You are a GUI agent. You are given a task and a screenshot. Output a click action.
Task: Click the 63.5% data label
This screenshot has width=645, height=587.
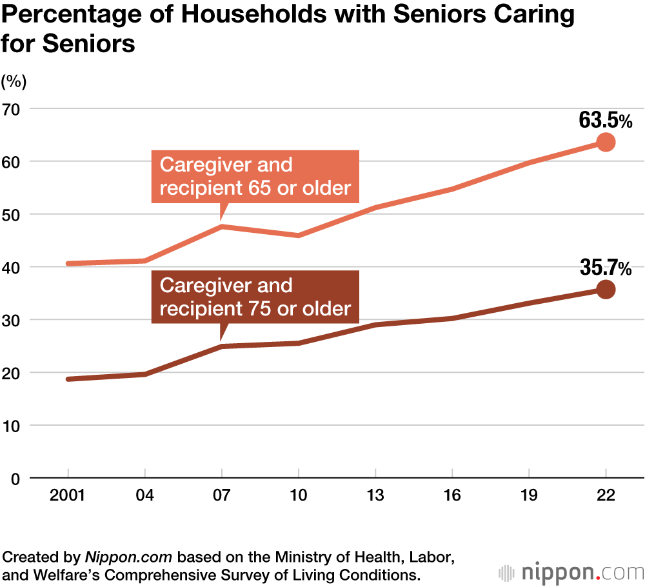606,120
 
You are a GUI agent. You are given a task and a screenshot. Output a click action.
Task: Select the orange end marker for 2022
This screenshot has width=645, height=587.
606,143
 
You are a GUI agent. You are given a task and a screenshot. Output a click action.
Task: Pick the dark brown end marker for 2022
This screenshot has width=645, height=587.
606,290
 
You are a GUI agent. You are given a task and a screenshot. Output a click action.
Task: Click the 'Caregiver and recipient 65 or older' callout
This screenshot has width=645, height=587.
255,177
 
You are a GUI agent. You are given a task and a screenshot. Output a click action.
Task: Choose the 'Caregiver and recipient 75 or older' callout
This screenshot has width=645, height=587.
255,297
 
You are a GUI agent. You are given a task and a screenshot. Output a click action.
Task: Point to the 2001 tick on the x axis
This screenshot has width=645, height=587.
68,496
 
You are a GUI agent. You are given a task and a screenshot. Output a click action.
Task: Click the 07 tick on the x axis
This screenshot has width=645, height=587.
221,496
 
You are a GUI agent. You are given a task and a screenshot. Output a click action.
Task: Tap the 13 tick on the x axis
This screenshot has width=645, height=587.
375,496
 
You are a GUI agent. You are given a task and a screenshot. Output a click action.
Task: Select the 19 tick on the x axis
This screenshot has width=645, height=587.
529,496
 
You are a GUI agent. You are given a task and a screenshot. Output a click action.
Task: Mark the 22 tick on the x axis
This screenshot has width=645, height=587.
606,496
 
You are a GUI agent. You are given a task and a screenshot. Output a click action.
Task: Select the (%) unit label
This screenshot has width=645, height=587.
14,81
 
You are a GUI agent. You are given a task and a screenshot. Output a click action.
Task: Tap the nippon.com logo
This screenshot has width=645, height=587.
571,572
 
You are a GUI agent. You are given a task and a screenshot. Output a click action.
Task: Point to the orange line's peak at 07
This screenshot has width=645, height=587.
221,226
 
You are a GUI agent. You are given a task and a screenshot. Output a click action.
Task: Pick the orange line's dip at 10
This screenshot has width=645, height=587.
298,235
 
